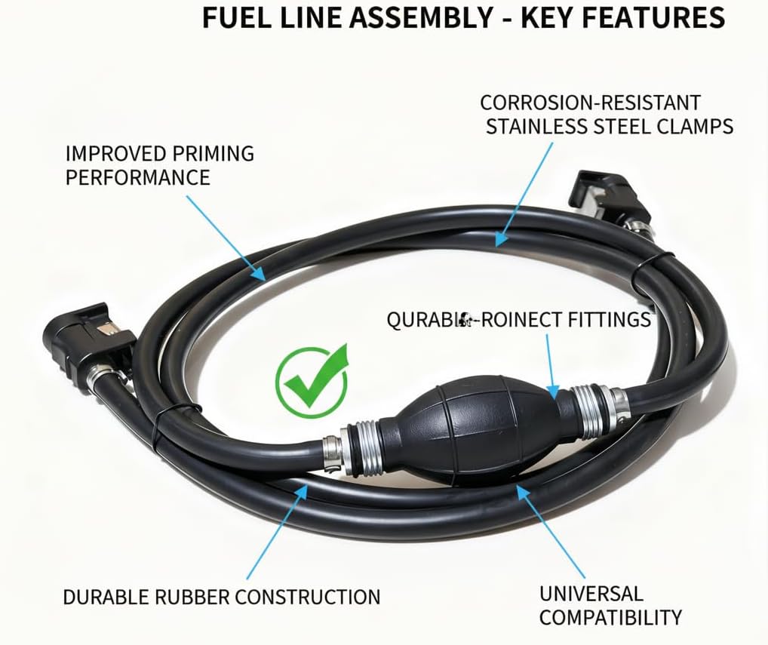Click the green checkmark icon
tap(312, 381)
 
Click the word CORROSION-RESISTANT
tap(591, 102)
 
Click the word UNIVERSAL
tap(591, 593)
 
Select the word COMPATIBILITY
tap(610, 617)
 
